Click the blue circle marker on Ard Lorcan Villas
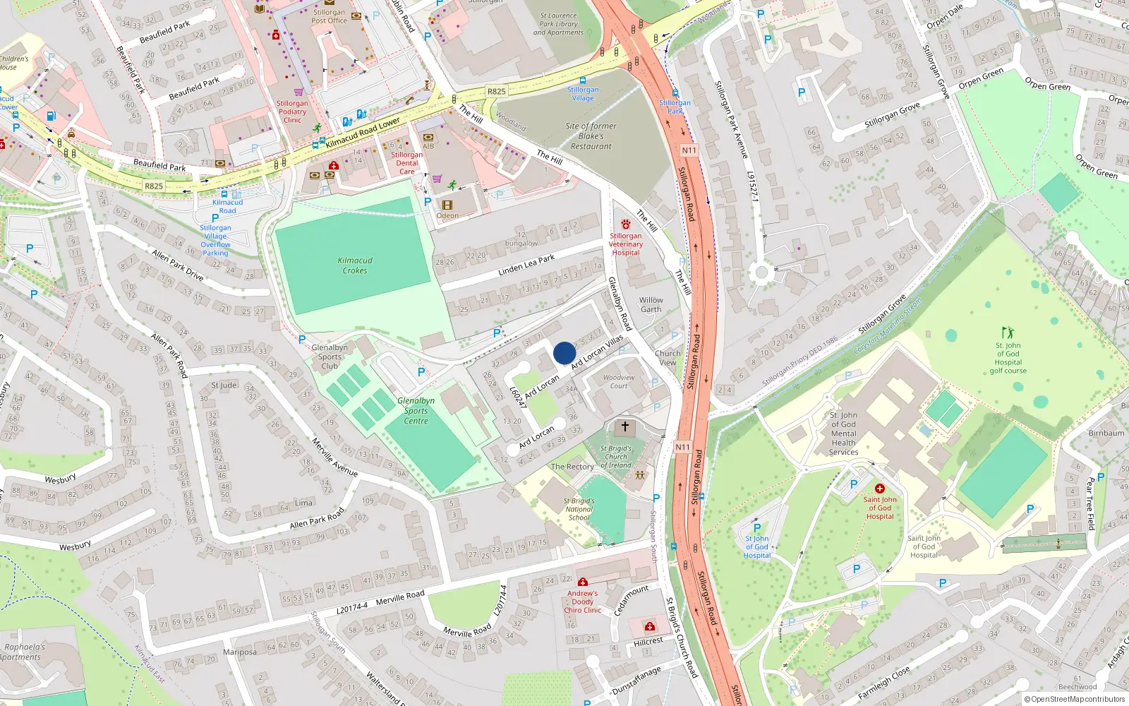[x=564, y=353]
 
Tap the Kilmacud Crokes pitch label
[x=355, y=265]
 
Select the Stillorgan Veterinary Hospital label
[x=626, y=244]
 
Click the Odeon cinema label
[x=447, y=215]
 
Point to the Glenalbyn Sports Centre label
[x=416, y=411]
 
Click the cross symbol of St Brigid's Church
[x=624, y=426]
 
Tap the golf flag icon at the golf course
[x=1008, y=332]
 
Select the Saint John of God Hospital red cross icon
[x=880, y=489]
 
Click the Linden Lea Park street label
[x=526, y=265]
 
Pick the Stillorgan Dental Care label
[x=407, y=163]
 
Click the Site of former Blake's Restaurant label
[x=591, y=136]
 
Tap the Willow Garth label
[x=651, y=304]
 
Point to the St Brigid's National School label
[x=579, y=509]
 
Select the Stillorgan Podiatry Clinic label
[x=292, y=112]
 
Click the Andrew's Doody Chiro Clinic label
[x=583, y=602]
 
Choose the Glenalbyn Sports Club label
[x=330, y=357]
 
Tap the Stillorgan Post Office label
[x=330, y=16]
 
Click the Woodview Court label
[x=619, y=381]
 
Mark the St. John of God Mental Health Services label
[x=843, y=433]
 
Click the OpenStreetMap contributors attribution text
[x=1075, y=699]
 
